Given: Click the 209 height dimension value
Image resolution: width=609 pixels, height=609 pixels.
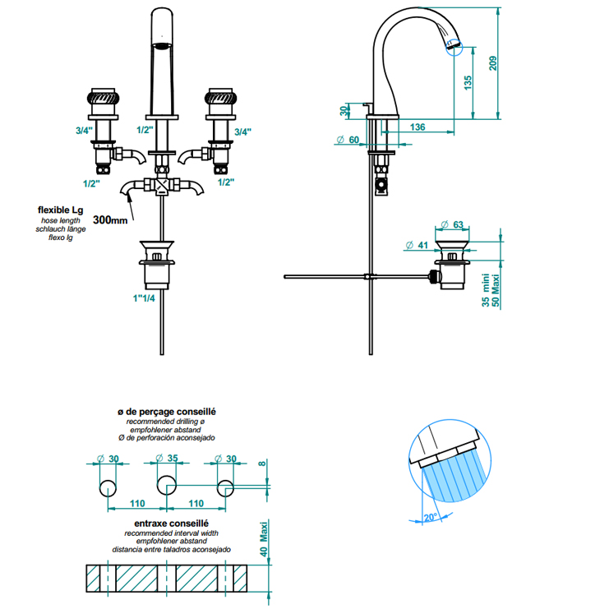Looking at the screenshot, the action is [492, 63].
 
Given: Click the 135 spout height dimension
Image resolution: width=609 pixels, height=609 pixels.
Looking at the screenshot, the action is [468, 83].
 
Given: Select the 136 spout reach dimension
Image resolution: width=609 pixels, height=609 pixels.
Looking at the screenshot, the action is [418, 127].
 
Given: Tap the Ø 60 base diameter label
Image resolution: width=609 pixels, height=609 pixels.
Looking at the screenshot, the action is [348, 140].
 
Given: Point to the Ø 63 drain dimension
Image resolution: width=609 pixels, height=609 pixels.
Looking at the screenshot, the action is [453, 224].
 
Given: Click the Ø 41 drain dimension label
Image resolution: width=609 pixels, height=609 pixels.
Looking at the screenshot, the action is [417, 245].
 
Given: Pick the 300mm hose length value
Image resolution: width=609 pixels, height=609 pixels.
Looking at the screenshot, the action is [110, 219].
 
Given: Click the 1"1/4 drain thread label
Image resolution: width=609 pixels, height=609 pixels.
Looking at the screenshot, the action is [144, 298].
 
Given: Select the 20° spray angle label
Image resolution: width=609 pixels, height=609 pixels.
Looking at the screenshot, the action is [431, 517].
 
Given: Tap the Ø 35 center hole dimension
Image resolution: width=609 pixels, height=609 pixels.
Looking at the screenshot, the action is [167, 459].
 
